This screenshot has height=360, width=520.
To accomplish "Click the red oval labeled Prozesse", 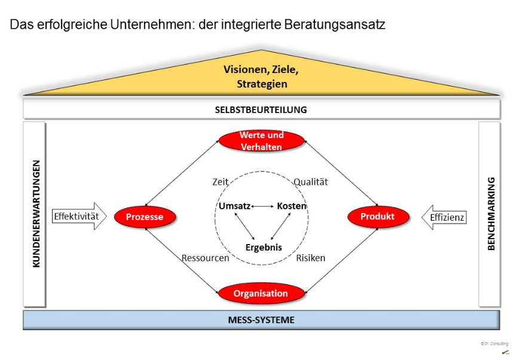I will pyautogui.click(x=145, y=217).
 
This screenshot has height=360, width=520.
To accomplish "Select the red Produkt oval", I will pyautogui.click(x=377, y=216).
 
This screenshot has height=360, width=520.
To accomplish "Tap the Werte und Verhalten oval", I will pyautogui.click(x=261, y=141).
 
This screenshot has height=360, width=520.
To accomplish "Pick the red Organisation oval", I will pyautogui.click(x=261, y=294).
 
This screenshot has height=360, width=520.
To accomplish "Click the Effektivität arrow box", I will pyautogui.click(x=77, y=216).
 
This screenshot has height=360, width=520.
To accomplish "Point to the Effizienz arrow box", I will pyautogui.click(x=446, y=217).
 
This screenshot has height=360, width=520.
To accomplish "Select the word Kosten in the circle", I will pyautogui.click(x=292, y=206).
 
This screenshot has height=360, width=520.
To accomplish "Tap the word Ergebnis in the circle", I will pyautogui.click(x=264, y=247).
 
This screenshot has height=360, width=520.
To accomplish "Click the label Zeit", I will pyautogui.click(x=221, y=181).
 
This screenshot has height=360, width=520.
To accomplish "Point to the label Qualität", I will pyautogui.click(x=310, y=182).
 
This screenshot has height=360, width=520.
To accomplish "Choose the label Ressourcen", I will pyautogui.click(x=206, y=258).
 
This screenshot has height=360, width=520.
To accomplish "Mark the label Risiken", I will pyautogui.click(x=311, y=258).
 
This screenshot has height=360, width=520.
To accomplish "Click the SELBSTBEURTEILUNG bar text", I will pyautogui.click(x=261, y=109).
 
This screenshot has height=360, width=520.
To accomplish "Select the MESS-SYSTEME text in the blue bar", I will pyautogui.click(x=261, y=320).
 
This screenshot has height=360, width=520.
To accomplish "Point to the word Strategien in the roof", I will pyautogui.click(x=262, y=84).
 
